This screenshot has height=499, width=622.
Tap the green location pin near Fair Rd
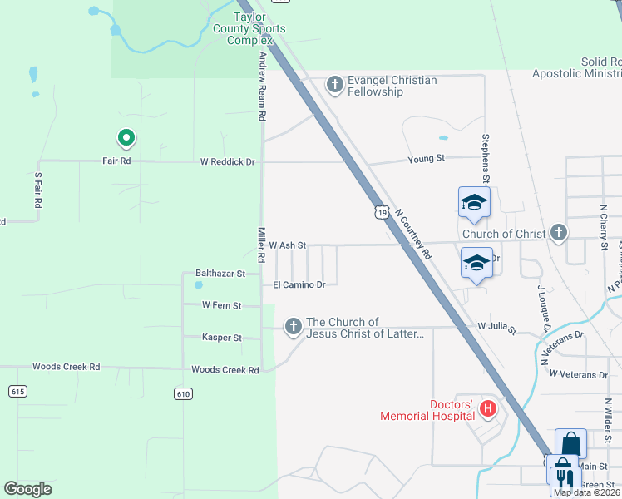(x=126, y=138)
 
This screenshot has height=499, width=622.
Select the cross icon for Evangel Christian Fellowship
(x=334, y=85)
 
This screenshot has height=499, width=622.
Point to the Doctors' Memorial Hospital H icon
(x=488, y=409)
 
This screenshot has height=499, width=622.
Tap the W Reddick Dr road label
(x=227, y=161)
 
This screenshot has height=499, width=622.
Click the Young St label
(x=427, y=158)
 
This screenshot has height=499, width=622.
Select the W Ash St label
(x=288, y=245)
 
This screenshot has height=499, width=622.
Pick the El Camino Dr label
(x=299, y=284)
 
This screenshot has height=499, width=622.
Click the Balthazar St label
(x=220, y=273)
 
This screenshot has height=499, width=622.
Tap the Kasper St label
(x=221, y=338)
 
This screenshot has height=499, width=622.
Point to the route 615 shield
(x=17, y=391)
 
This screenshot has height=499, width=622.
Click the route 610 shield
(x=183, y=393)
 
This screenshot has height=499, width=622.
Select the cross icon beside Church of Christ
(x=559, y=233)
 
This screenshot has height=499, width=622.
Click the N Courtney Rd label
(x=415, y=234)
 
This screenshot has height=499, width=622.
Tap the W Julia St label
(x=496, y=328)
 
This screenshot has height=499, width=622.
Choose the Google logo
(x=27, y=489)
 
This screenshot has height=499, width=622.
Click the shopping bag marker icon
(x=570, y=442)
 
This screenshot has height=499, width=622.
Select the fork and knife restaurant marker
(x=563, y=477)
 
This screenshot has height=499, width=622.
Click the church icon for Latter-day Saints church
(x=293, y=328)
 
